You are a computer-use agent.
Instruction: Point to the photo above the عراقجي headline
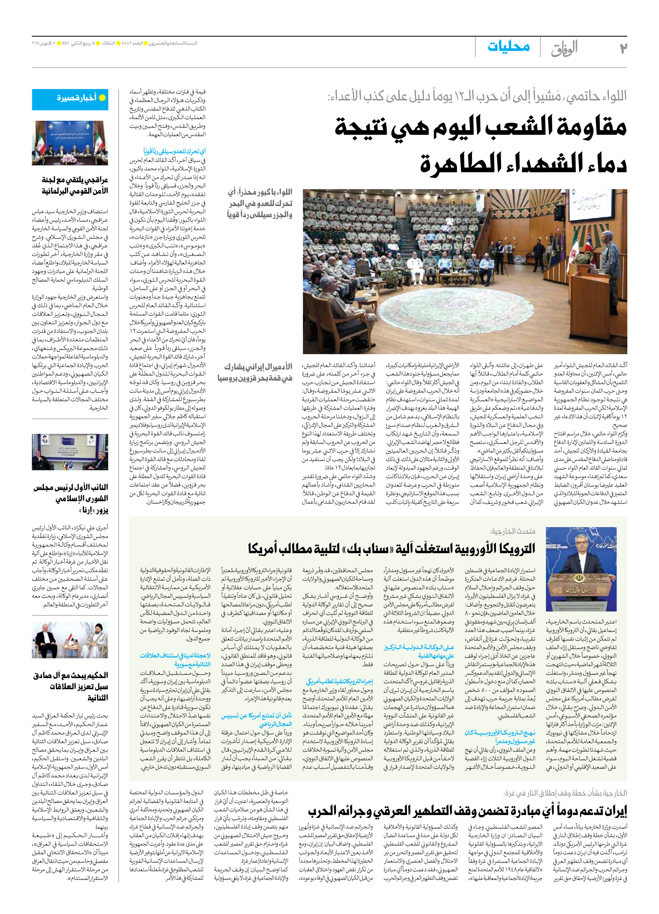70,143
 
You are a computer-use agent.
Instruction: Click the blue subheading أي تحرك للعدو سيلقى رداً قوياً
174,152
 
